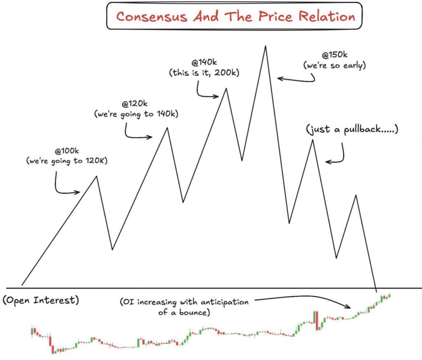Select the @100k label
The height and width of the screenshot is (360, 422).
point(66,151)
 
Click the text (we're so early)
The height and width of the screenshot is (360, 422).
point(335,65)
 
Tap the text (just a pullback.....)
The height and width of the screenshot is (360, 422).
point(352,130)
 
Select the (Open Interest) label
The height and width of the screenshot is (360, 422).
point(40,300)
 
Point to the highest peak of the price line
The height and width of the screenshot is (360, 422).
point(265,46)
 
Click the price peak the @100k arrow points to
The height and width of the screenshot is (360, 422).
point(96,176)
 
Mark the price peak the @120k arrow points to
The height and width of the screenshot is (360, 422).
point(166,128)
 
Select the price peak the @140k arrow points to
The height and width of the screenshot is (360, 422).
point(226,89)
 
